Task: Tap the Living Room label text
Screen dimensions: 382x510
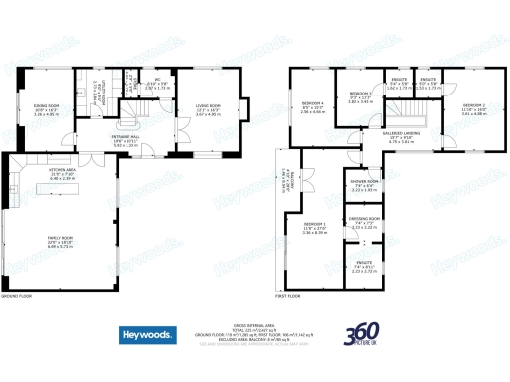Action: [x=207, y=107]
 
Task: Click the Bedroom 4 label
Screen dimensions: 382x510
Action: [x=313, y=106]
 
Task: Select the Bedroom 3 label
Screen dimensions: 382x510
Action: [x=360, y=95]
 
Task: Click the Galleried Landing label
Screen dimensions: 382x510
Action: [x=400, y=138]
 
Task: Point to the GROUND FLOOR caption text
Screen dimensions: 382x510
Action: [x=18, y=296]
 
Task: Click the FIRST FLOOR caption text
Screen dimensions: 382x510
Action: [x=288, y=296]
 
